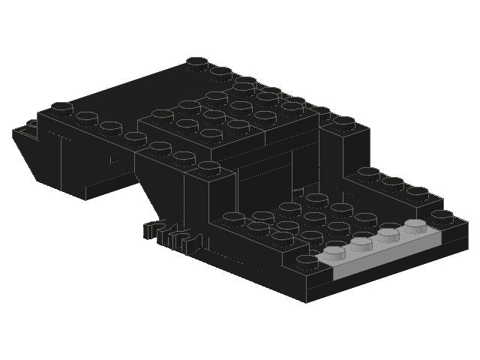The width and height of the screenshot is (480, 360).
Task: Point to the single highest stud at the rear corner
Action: pos(197,62)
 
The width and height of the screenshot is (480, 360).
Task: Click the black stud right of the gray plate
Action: pos(442,216)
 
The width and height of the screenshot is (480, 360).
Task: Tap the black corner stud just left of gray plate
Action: pos(307,260)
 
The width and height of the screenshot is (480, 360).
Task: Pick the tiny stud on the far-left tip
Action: pos(31,124)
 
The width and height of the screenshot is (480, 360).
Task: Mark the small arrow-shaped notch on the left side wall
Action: pos(114,159)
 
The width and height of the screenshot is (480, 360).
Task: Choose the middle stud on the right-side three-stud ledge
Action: pos(392,182)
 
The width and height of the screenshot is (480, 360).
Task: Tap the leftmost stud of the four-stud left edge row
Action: pos(61,107)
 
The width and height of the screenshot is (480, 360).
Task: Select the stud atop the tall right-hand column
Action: pos(343,121)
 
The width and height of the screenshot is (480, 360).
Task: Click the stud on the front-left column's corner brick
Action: pos(209,166)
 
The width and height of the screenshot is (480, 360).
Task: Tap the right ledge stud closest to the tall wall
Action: pos(368,172)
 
